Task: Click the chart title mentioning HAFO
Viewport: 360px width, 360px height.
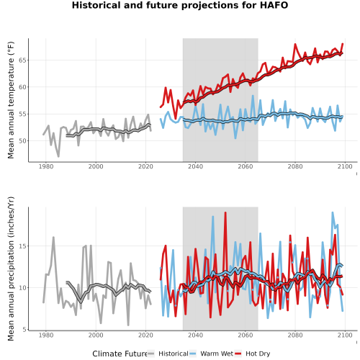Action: tap(180, 5)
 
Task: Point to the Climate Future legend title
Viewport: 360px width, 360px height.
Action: tap(120, 354)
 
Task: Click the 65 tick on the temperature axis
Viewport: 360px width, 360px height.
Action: tap(22, 60)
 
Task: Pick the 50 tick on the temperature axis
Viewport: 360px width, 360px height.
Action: tap(22, 141)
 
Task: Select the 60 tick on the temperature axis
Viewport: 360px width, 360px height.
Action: tap(22, 87)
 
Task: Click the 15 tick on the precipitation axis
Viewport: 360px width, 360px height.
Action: tap(22, 246)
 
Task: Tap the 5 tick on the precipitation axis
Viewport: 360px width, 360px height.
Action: tap(24, 330)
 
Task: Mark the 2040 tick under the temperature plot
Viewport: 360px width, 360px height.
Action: tap(195, 166)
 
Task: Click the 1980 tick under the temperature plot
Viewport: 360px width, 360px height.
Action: tap(46, 166)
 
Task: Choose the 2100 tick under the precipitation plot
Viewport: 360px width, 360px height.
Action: tap(345, 335)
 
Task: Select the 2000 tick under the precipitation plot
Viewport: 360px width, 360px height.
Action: tap(96, 335)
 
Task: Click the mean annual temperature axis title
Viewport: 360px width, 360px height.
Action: tap(11, 100)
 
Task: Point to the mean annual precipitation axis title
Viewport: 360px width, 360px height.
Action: tap(11, 269)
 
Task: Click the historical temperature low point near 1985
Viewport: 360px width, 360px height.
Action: tap(58, 156)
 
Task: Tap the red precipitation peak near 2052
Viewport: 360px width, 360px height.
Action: tap(225, 212)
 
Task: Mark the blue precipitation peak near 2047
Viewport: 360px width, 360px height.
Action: tap(212, 217)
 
